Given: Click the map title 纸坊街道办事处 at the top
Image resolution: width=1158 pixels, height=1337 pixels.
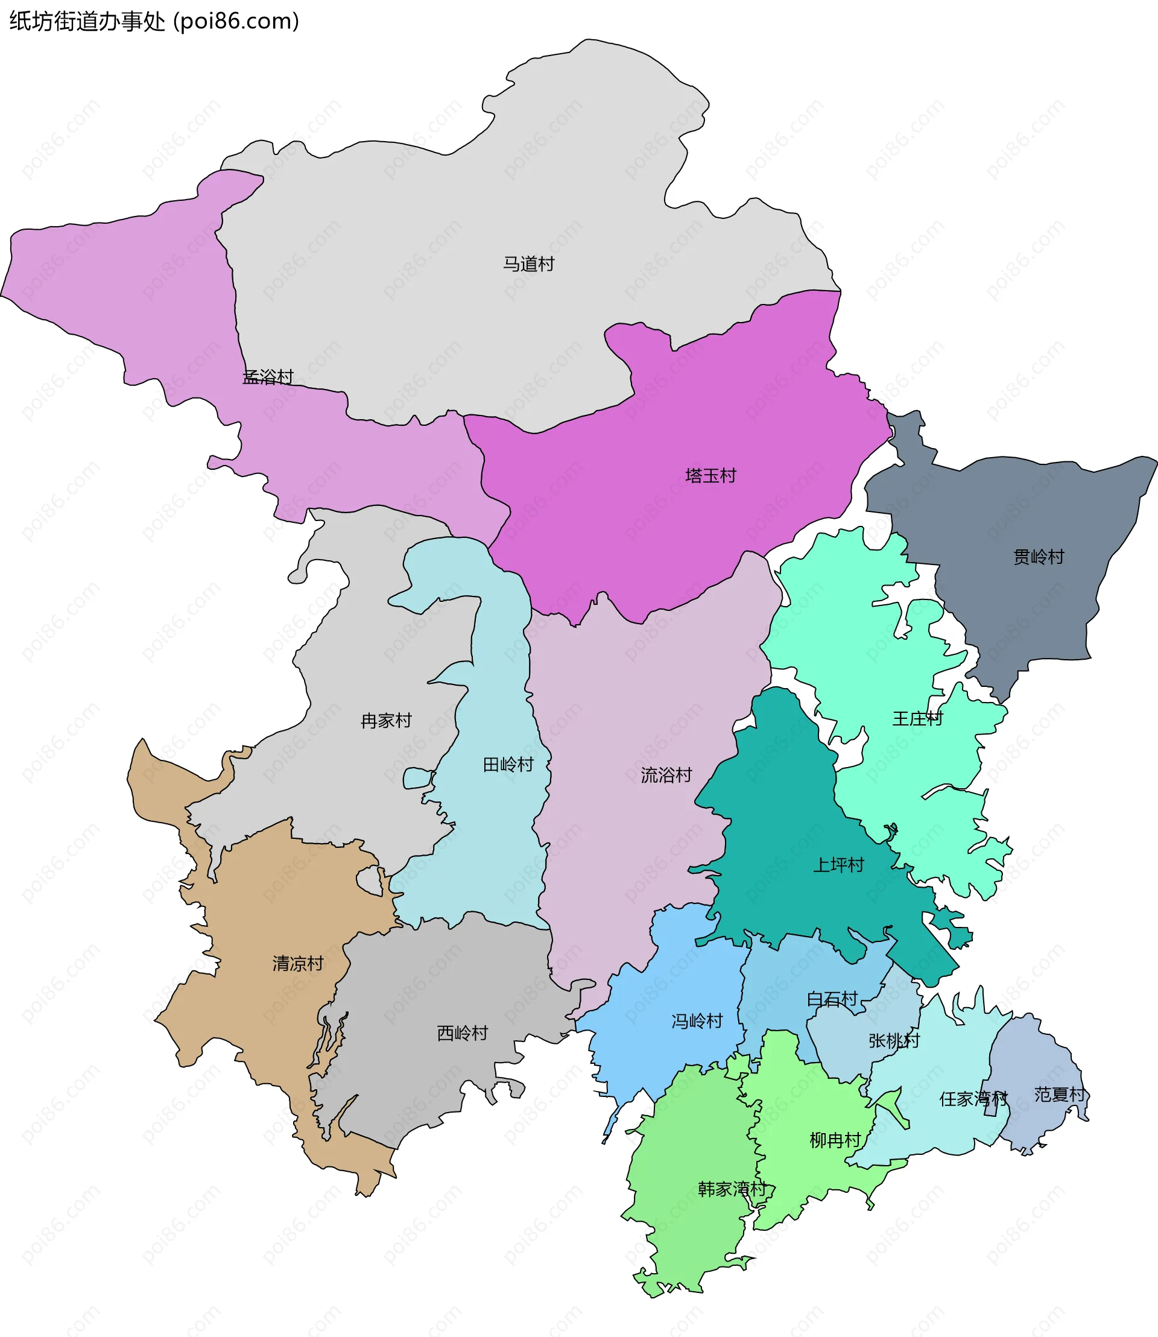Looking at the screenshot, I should pyautogui.click(x=87, y=21).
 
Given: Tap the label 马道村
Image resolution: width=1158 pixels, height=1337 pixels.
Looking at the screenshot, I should pyautogui.click(x=528, y=264).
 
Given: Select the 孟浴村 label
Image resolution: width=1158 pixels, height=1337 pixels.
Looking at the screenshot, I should pyautogui.click(x=268, y=377).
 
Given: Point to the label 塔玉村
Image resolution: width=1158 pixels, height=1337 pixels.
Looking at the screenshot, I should pyautogui.click(x=710, y=476).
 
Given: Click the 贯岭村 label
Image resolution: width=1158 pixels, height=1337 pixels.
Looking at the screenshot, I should pyautogui.click(x=1038, y=557).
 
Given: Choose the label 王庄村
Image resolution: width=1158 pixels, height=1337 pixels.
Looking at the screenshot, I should pyautogui.click(x=917, y=719).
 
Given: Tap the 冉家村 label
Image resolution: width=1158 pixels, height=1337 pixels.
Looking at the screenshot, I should pyautogui.click(x=386, y=721).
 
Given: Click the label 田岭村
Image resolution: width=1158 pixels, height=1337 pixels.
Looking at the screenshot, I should pyautogui.click(x=508, y=765).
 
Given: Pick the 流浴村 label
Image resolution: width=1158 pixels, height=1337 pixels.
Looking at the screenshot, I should pyautogui.click(x=666, y=775).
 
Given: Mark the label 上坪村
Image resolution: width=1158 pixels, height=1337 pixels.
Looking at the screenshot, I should pyautogui.click(x=838, y=865).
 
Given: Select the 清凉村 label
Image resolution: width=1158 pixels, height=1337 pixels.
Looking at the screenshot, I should pyautogui.click(x=297, y=964).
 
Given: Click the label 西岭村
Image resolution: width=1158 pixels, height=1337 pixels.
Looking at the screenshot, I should pyautogui.click(x=462, y=1033).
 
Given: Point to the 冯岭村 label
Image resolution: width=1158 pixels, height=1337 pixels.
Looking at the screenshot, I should pyautogui.click(x=697, y=1021).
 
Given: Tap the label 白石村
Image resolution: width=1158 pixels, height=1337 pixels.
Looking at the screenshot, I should pyautogui.click(x=832, y=999).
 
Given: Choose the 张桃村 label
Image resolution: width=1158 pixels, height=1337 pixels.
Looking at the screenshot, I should pyautogui.click(x=894, y=1040).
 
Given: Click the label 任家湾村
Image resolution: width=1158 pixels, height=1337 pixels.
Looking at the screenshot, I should pyautogui.click(x=973, y=1099).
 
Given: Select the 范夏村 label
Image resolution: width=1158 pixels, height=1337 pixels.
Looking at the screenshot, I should pyautogui.click(x=1059, y=1094).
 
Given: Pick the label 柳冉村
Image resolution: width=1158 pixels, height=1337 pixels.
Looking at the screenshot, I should pyautogui.click(x=835, y=1140).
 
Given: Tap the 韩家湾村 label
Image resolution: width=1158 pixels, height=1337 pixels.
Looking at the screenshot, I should pyautogui.click(x=732, y=1189).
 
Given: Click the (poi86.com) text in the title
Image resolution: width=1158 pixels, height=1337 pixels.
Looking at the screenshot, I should pyautogui.click(x=236, y=21).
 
